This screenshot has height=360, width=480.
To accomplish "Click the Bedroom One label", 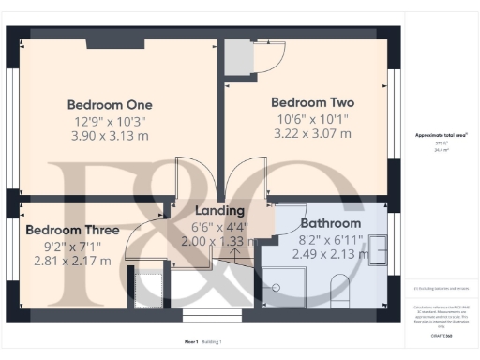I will [110, 104].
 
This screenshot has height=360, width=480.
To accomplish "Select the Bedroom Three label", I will [72, 230].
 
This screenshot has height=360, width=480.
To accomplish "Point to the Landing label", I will [220, 211].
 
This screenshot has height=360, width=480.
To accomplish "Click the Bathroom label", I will [330, 224].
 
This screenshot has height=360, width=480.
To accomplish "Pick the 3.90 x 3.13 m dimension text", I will [110, 136].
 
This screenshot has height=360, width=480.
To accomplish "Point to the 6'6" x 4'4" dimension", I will [220, 226].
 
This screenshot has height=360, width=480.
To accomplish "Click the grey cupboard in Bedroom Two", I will [240, 55].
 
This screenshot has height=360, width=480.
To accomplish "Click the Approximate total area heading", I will [442, 135].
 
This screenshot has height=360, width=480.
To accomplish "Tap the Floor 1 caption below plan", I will [191, 342].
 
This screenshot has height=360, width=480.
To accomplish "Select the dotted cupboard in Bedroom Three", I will [148, 288].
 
